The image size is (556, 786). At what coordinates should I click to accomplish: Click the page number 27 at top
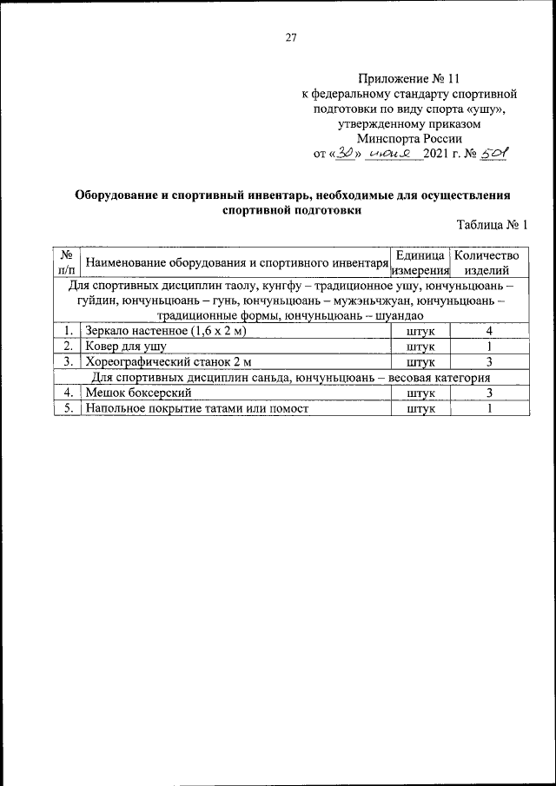291,37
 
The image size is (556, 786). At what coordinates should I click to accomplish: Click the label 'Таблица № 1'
493,225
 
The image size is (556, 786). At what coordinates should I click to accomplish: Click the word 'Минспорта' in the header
388,137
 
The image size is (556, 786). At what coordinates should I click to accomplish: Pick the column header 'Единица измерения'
420,262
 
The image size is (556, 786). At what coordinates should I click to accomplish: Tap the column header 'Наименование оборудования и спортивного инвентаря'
234,262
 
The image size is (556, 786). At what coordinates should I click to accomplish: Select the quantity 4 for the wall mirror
490,331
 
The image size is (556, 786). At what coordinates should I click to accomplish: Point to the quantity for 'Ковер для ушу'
490,347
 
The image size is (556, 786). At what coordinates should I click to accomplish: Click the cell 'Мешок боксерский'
133,393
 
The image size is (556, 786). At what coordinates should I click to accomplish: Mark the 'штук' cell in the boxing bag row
420,393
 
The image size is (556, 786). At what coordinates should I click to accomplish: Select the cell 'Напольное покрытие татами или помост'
196,409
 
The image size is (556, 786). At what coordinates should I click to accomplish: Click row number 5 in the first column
66,409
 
